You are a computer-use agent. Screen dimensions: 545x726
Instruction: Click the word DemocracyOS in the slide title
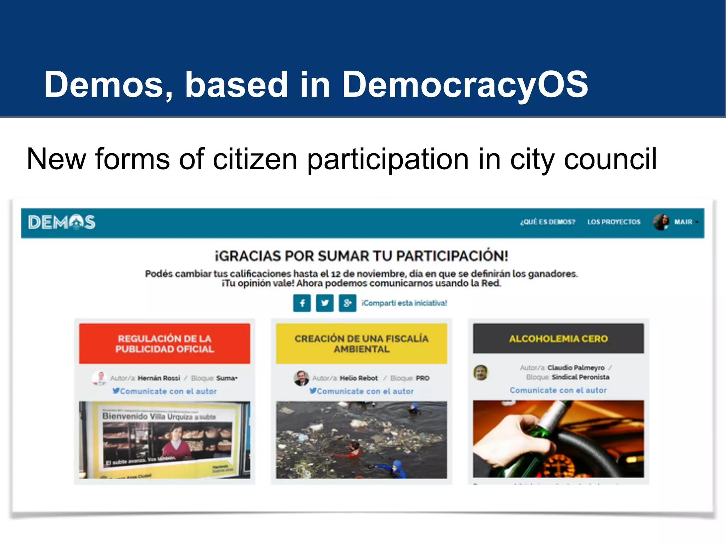coord(465,85)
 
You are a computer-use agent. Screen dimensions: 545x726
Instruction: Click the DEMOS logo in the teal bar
coord(62,222)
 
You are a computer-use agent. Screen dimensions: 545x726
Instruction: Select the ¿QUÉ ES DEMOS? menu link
coord(547,222)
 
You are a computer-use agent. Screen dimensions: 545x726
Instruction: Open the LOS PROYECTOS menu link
coord(614,222)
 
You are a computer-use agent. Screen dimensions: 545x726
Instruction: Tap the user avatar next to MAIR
coord(661,222)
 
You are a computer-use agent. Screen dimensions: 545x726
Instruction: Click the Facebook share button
coord(302,303)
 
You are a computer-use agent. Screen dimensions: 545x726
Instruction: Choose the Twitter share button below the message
coord(325,303)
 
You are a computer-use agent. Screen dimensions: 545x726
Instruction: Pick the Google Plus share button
coord(347,303)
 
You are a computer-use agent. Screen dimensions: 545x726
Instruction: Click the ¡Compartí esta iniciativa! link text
coord(404,303)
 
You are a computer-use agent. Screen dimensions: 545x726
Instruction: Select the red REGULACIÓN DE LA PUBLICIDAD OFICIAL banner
coord(164,343)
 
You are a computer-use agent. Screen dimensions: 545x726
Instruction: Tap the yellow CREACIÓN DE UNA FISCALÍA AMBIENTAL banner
coord(361,343)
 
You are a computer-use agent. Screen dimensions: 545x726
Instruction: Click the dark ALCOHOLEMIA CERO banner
coord(558,338)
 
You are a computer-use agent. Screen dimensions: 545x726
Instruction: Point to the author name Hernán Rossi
coord(159,378)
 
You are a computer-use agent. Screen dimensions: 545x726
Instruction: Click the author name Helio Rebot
coord(359,378)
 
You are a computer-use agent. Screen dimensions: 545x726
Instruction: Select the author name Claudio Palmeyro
coord(576,368)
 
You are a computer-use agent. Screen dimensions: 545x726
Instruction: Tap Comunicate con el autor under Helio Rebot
coord(365,391)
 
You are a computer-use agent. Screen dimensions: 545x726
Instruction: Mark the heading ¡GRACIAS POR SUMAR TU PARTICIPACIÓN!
coord(362,256)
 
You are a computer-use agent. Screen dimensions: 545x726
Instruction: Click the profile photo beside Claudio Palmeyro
coord(481,373)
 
